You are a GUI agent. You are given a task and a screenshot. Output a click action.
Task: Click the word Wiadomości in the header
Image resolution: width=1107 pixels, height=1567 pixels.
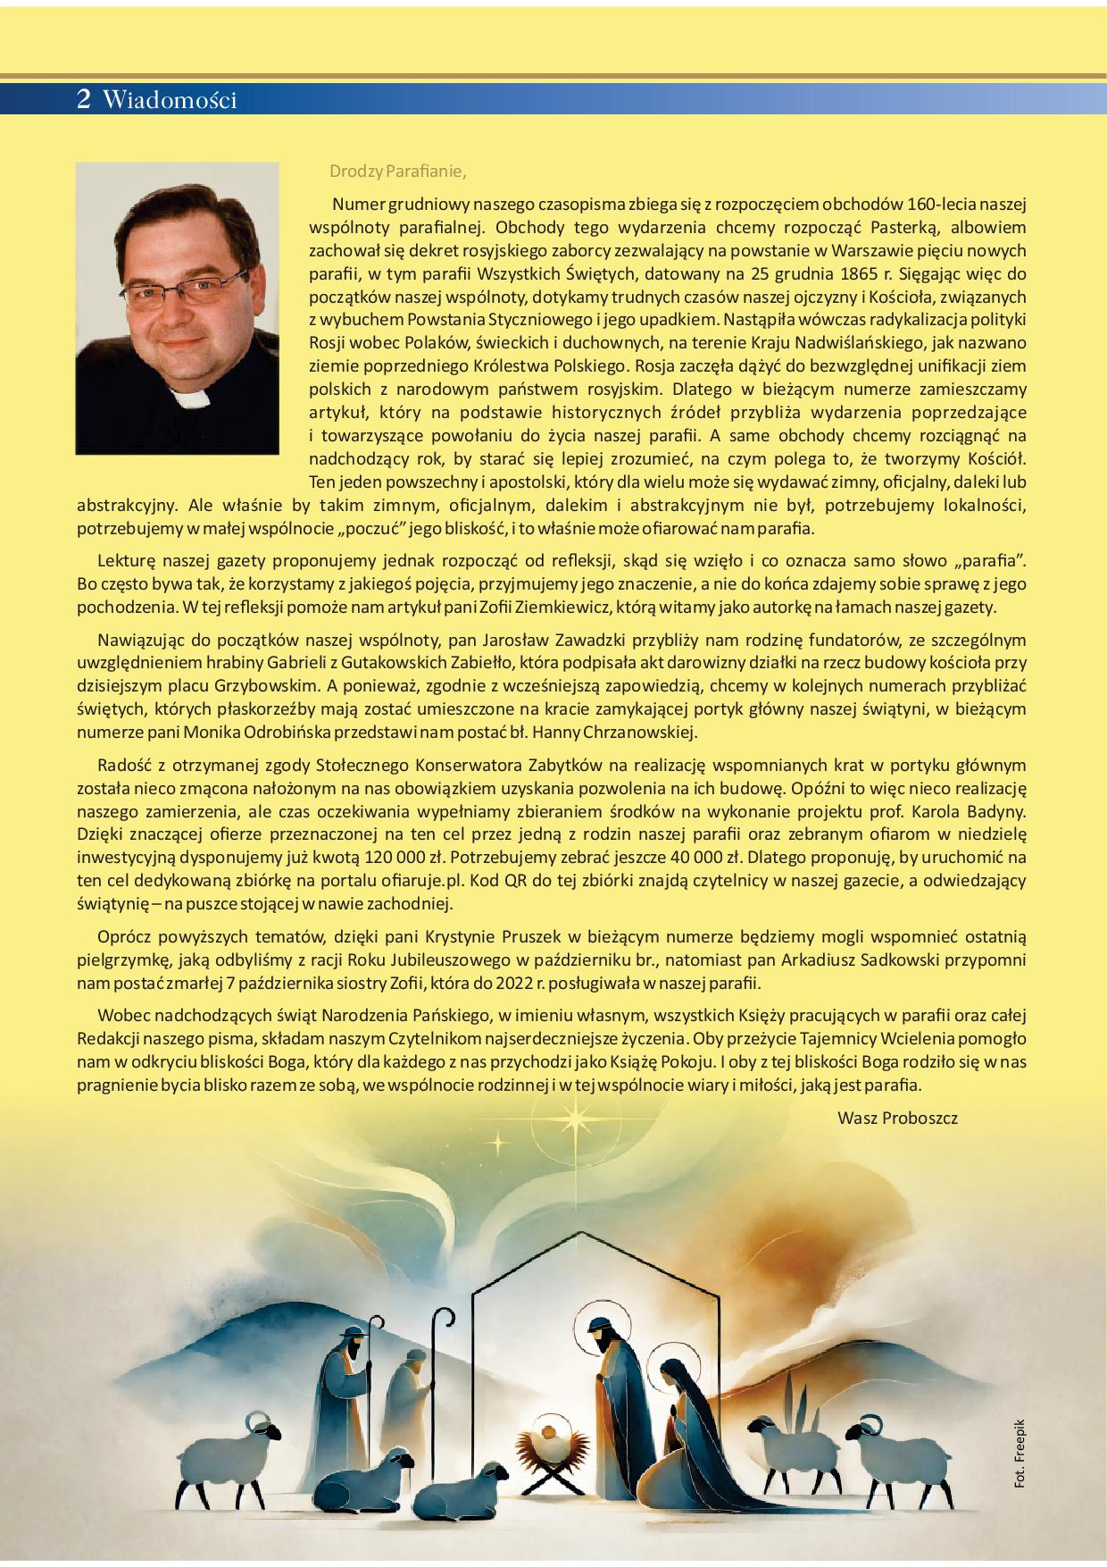170,100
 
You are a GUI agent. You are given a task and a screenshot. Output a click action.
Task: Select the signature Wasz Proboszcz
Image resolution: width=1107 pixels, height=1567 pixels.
897,1118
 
